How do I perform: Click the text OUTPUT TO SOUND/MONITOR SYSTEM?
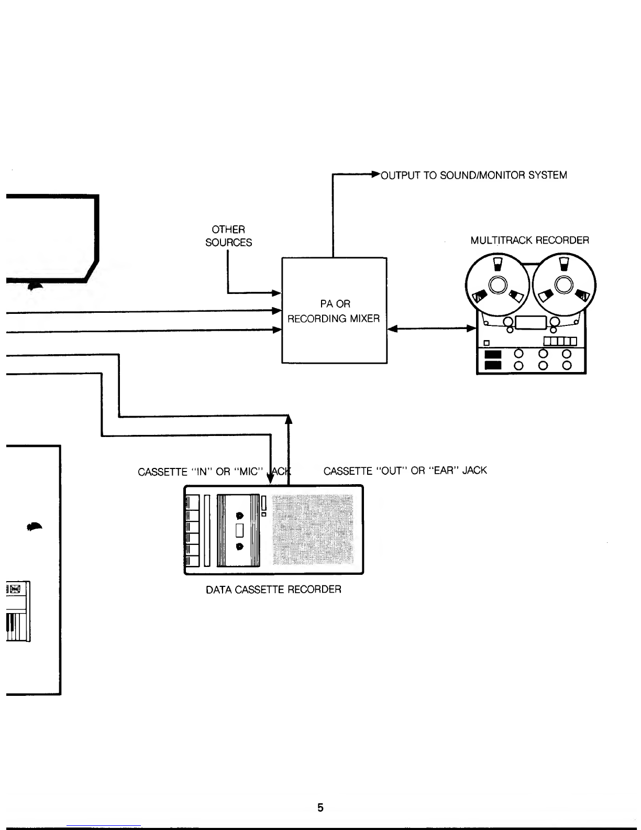tap(474, 175)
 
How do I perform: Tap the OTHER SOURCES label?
tap(229, 236)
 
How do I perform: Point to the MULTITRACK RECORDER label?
tap(529, 241)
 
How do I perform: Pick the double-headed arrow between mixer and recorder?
tap(432, 328)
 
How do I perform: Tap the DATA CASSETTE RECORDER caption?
tap(273, 589)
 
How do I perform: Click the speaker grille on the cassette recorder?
tap(313, 529)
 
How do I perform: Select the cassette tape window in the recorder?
tap(239, 530)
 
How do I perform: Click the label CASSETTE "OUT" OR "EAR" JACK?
tap(405, 471)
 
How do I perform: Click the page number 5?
tap(320, 807)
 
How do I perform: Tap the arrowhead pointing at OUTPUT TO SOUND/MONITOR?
tap(375, 174)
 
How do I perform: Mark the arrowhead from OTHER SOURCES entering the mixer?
tap(277, 293)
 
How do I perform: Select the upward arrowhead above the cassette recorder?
tap(289, 419)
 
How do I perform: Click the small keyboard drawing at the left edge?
tap(18, 611)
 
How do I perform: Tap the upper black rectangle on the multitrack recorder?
tap(492, 354)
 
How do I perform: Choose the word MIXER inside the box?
tap(365, 319)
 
